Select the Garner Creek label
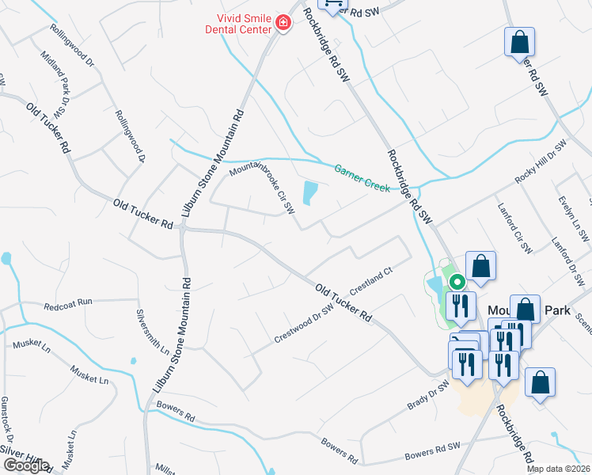[x=362, y=177]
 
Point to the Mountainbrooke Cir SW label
[x=262, y=189]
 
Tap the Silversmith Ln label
[x=154, y=330]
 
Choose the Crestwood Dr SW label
[x=304, y=325]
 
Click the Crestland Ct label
[x=371, y=281]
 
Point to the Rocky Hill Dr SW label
[x=541, y=163]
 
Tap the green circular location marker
[x=457, y=281]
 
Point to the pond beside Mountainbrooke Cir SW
[x=309, y=192]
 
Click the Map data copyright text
[x=559, y=469]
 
